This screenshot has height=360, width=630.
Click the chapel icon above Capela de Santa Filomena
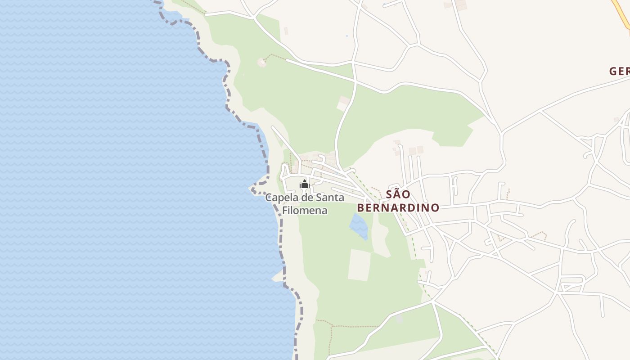pyautogui.click(x=305, y=184)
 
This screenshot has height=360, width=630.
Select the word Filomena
pyautogui.click(x=305, y=210)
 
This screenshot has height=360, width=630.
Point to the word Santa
pyautogui.click(x=329, y=198)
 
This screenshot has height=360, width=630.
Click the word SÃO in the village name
pyautogui.click(x=398, y=194)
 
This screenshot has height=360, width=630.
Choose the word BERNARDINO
pyautogui.click(x=398, y=207)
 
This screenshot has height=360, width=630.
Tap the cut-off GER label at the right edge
pyautogui.click(x=619, y=71)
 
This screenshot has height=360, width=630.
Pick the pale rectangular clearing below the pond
pyautogui.click(x=359, y=265)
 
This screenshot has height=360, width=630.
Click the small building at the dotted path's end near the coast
pyautogui.click(x=261, y=63)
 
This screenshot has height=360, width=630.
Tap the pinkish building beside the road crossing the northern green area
pyautogui.click(x=344, y=103)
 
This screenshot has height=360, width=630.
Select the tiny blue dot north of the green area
pyautogui.click(x=346, y=36)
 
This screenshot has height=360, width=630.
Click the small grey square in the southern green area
pyautogui.click(x=399, y=319)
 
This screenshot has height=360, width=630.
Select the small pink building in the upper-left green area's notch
pyautogui.click(x=286, y=31)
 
